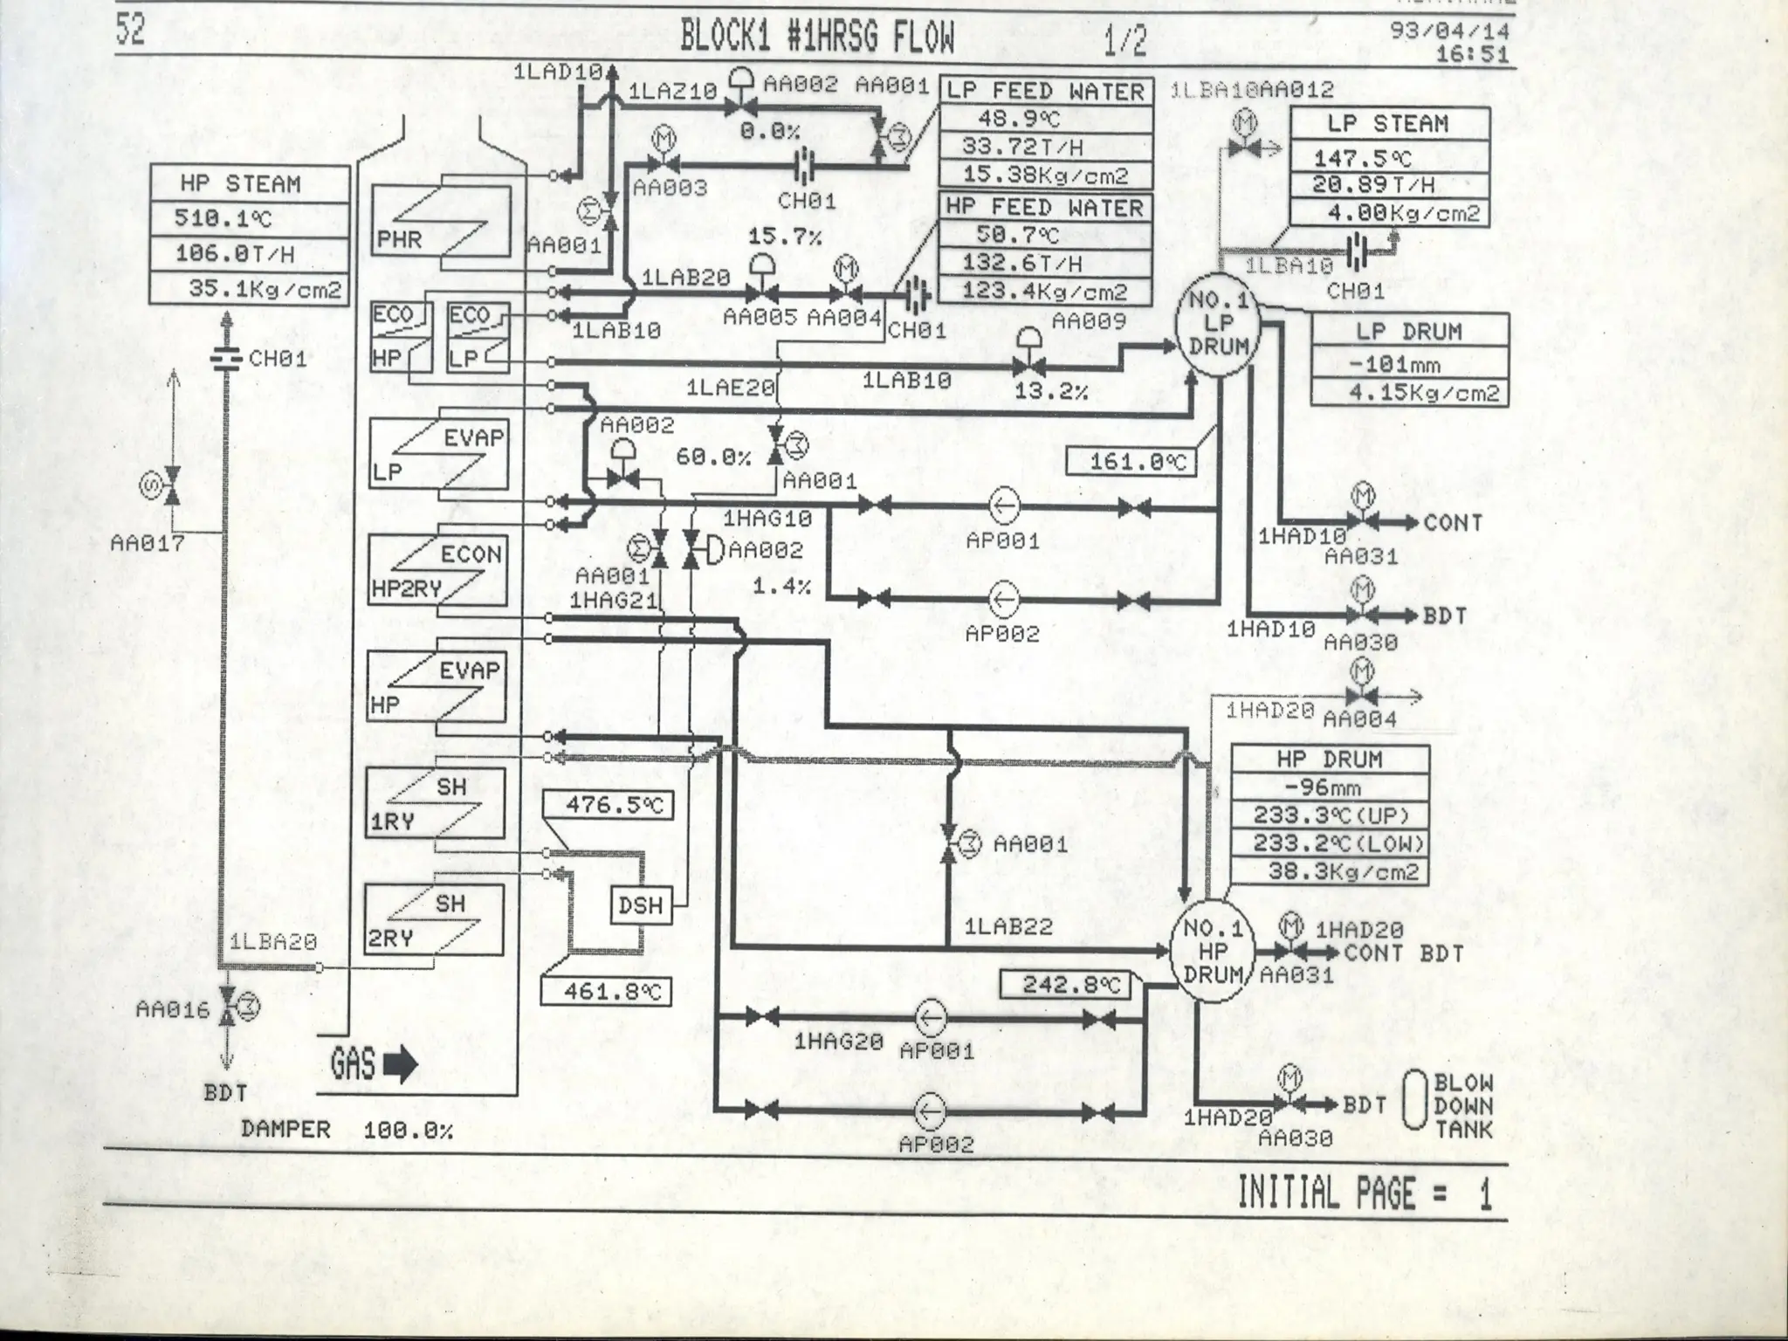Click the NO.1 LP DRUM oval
tap(1219, 324)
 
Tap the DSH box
tap(640, 905)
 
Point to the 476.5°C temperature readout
tap(606, 805)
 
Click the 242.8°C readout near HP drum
tap(1064, 985)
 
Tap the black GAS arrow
tap(400, 1066)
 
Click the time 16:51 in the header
tap(1472, 54)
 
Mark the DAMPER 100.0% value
tap(408, 1131)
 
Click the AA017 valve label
tap(147, 544)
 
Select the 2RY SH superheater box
tap(435, 920)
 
